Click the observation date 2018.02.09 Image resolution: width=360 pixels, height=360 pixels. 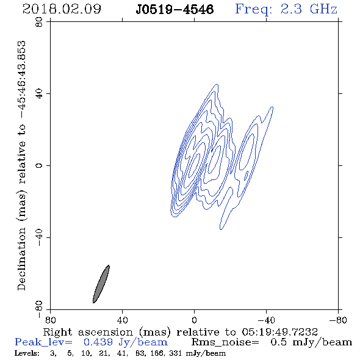62,9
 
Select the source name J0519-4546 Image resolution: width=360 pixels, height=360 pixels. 175,9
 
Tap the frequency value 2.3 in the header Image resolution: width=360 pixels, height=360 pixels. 291,9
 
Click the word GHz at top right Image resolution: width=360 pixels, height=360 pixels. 324,9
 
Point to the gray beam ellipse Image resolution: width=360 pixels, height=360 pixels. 101,284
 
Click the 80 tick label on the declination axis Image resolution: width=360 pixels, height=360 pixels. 40,22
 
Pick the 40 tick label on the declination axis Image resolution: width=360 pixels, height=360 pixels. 40,94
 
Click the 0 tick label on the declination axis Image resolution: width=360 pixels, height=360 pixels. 40,165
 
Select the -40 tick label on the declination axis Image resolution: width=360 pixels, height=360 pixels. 40,237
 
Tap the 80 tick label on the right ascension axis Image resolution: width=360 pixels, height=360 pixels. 51,320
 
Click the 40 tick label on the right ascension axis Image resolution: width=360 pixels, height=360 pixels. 123,320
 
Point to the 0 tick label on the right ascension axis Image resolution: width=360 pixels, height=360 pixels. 195,320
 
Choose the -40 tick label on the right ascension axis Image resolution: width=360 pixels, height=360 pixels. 266,320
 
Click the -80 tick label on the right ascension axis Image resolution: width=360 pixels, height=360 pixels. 338,320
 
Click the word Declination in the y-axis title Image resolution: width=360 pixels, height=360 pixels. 21,259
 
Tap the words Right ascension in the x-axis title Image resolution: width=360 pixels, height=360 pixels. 88,332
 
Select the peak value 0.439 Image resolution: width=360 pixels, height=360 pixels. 98,342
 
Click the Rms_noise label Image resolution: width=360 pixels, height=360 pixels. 225,342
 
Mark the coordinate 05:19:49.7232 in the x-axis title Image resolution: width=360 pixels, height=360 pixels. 279,332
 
